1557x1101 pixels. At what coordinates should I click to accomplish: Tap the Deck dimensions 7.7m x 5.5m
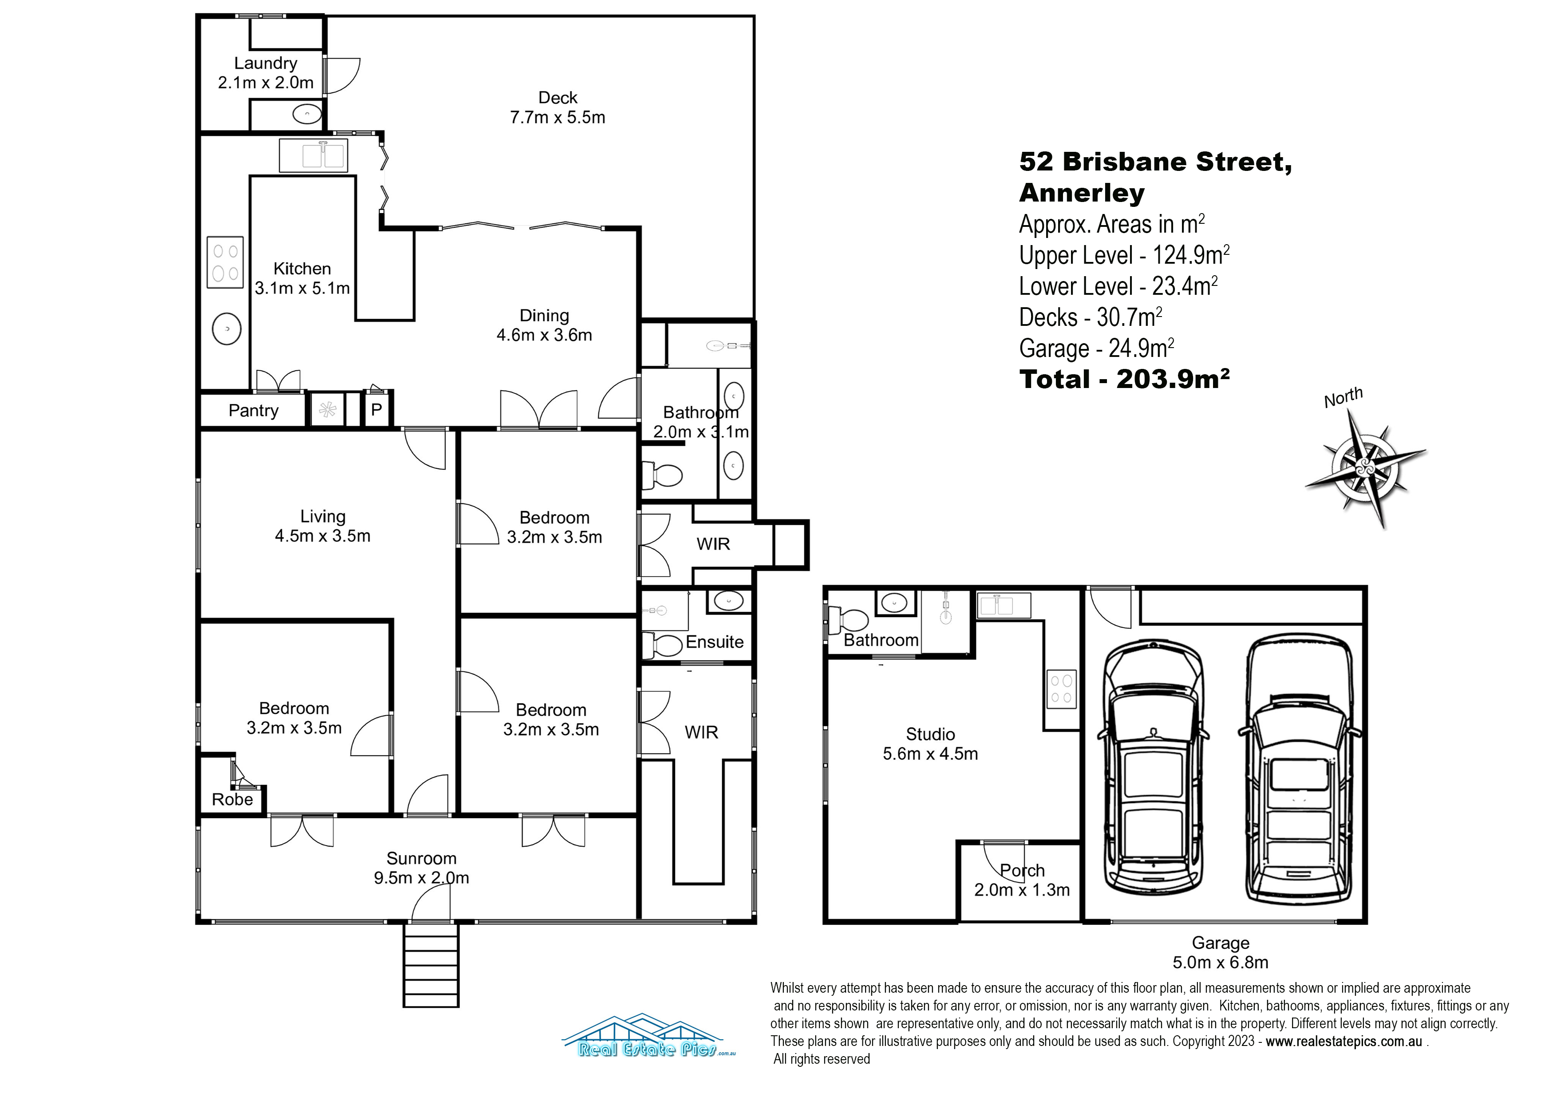557,117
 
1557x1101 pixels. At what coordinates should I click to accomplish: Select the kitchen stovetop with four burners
225,262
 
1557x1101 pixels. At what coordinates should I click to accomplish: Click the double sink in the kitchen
313,155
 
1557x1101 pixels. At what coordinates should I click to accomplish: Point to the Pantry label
253,410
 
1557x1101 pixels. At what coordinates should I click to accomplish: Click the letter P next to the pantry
376,410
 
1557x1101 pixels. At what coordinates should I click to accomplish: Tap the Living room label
323,516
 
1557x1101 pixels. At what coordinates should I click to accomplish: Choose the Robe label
232,799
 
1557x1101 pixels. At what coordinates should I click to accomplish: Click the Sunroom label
421,858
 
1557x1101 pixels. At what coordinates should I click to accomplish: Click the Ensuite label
714,642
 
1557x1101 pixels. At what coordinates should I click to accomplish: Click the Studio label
930,734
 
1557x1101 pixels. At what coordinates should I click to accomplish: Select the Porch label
1022,870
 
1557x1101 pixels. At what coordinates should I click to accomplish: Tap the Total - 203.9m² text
1124,379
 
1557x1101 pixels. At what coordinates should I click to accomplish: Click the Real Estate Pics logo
649,1036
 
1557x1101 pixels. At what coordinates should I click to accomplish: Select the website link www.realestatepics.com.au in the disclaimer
1344,1042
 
